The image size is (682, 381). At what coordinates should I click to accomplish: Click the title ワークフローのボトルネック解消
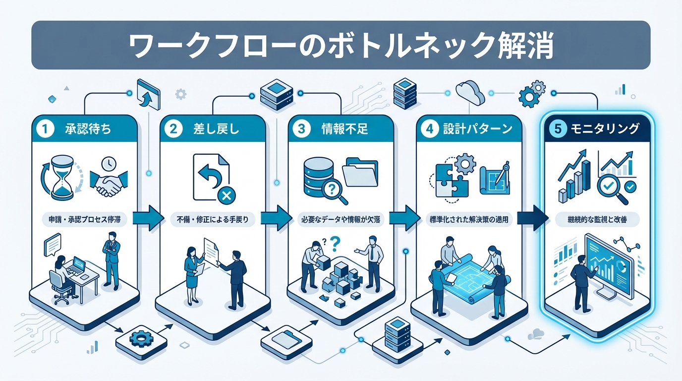(x=341, y=46)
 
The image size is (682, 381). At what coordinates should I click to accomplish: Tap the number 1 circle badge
(x=45, y=129)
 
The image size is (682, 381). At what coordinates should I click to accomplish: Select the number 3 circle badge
(x=301, y=129)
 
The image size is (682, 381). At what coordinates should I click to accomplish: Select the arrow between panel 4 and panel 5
(x=531, y=217)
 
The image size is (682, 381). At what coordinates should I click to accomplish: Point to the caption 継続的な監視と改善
(x=597, y=219)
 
